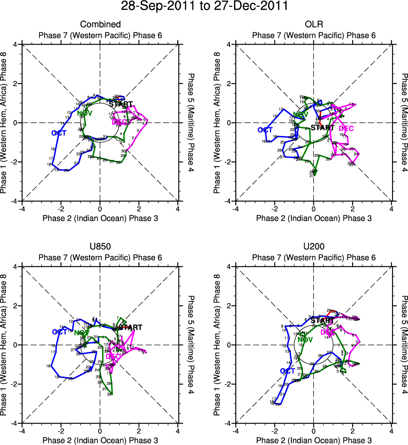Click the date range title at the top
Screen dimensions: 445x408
tap(204, 7)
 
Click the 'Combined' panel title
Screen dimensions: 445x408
tap(100, 25)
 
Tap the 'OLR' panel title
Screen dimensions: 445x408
tap(314, 25)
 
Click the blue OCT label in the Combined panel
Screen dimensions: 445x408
tap(59, 133)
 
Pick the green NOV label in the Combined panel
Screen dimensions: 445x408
tap(84, 113)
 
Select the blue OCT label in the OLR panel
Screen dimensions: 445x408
tap(265, 130)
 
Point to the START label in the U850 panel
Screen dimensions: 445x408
tap(130, 327)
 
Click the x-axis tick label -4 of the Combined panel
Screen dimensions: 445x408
tap(22, 208)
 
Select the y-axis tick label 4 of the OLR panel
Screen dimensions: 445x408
tap(229, 44)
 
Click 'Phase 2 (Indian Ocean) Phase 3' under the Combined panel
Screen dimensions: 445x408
tap(100, 218)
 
